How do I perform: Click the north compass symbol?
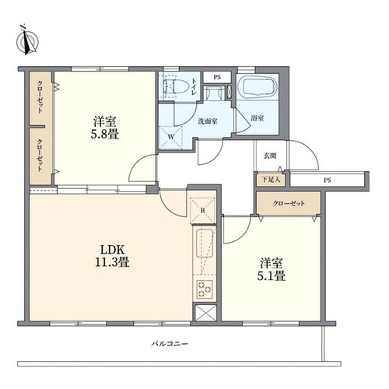(27, 40)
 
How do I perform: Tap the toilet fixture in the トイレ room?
(175, 87)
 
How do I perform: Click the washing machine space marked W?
(170, 138)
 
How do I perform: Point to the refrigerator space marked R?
(203, 210)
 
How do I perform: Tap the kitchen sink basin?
(205, 244)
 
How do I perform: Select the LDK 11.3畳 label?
(112, 256)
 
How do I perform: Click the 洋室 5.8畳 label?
(105, 128)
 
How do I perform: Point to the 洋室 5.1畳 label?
(272, 269)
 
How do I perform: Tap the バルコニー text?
(170, 344)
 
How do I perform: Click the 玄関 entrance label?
(270, 156)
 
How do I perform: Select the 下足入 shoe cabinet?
(271, 180)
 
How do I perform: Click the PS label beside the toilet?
(217, 77)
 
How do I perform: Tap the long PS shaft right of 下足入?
(328, 180)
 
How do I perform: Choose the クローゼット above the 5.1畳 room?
(289, 203)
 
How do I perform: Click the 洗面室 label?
(208, 121)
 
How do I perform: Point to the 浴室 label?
(258, 118)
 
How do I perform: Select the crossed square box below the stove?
(205, 313)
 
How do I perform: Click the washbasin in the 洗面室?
(214, 93)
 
